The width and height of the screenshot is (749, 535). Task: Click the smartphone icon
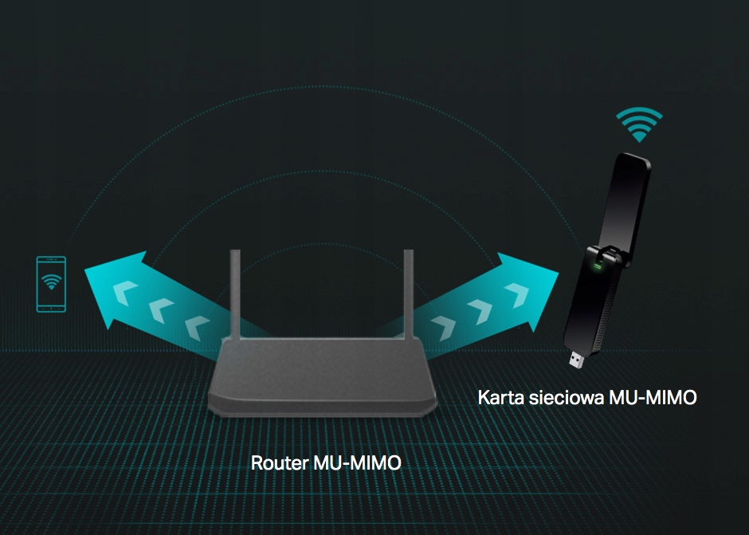click(52, 284)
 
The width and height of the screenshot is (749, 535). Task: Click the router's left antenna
click(235, 291)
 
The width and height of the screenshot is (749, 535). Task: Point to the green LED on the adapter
click(593, 266)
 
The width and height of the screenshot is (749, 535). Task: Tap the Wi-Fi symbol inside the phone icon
click(52, 281)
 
